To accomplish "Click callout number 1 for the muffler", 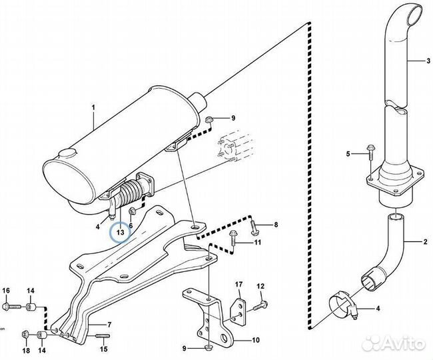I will [x=93, y=107].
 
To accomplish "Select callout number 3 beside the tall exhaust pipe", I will [x=428, y=61].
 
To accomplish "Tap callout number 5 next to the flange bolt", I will [x=347, y=155].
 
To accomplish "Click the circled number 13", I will [x=120, y=232].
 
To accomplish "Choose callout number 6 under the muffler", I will [x=131, y=226].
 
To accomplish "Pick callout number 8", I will [x=276, y=225].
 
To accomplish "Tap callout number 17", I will [x=236, y=285].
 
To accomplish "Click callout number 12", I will [x=261, y=286].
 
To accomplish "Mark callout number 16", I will [x=6, y=290].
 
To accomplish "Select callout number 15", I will [x=103, y=349].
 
